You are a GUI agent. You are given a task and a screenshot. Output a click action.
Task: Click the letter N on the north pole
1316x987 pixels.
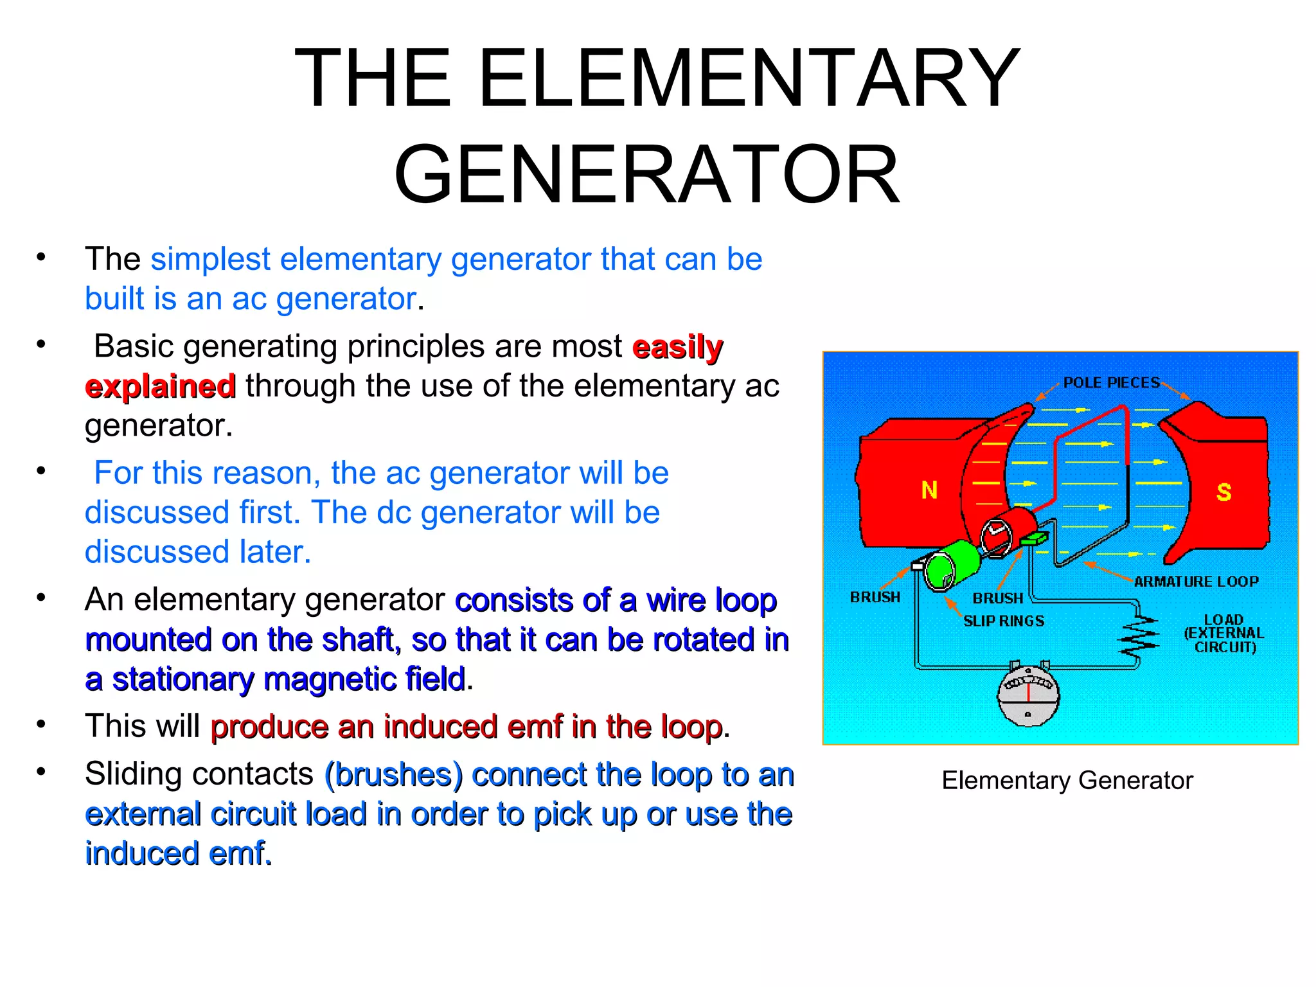tap(929, 490)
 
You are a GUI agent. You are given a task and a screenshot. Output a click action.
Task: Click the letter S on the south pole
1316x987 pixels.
tap(1223, 492)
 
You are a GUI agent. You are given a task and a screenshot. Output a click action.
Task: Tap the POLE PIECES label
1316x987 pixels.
tap(1111, 383)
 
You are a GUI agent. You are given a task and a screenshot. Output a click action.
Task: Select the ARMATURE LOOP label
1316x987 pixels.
tap(1196, 582)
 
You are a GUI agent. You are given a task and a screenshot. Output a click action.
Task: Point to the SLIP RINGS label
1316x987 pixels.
tap(1004, 621)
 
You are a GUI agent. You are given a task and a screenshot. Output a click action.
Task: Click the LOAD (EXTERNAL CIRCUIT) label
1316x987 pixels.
tap(1223, 634)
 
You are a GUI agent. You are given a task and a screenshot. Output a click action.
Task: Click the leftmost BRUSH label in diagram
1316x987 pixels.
tap(875, 597)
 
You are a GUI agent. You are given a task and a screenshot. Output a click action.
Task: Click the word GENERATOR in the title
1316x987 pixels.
tap(646, 175)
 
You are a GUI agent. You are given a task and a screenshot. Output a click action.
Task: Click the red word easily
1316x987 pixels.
tap(677, 347)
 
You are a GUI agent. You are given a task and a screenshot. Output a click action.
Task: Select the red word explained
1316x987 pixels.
tap(160, 386)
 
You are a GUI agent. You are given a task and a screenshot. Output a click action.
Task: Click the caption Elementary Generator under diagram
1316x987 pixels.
tap(1067, 780)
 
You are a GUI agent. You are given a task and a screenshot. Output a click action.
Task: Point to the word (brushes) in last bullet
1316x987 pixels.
tap(393, 774)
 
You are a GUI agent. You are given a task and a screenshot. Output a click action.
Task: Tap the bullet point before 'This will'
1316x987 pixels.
tap(41, 724)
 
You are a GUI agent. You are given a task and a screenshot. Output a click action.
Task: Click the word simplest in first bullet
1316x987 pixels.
tap(210, 260)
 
